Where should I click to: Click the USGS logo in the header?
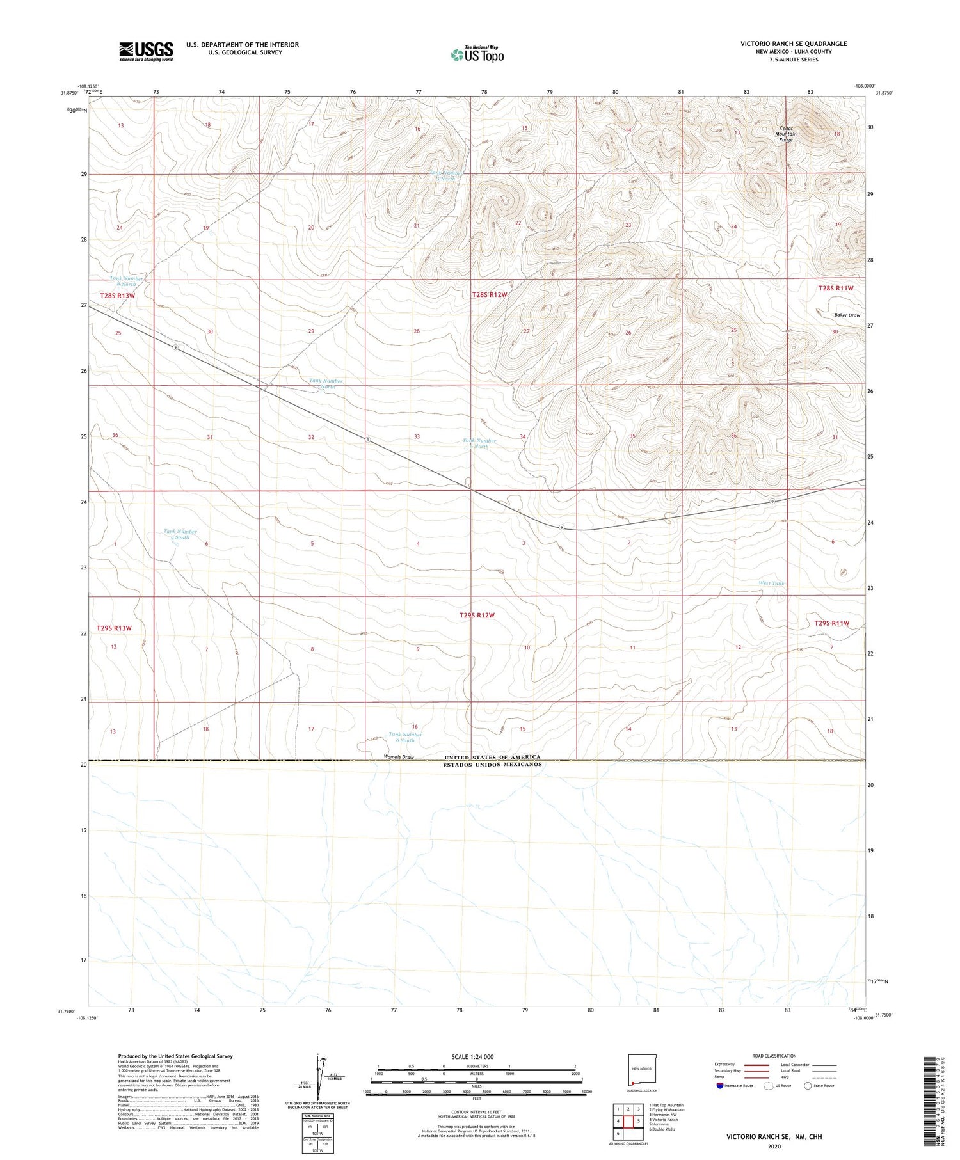point(146,51)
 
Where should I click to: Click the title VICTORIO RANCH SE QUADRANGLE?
point(794,44)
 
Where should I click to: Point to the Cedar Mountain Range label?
point(786,134)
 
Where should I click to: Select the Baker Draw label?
point(847,315)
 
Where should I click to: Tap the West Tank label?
point(771,584)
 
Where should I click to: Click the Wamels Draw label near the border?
point(399,757)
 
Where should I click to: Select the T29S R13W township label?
point(114,628)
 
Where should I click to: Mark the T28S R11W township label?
point(836,289)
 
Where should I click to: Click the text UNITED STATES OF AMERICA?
point(492,757)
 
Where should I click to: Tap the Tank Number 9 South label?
point(180,534)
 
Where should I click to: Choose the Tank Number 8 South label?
point(405,737)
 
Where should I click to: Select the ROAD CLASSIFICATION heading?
point(774,1056)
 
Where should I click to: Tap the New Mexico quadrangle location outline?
point(641,1070)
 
